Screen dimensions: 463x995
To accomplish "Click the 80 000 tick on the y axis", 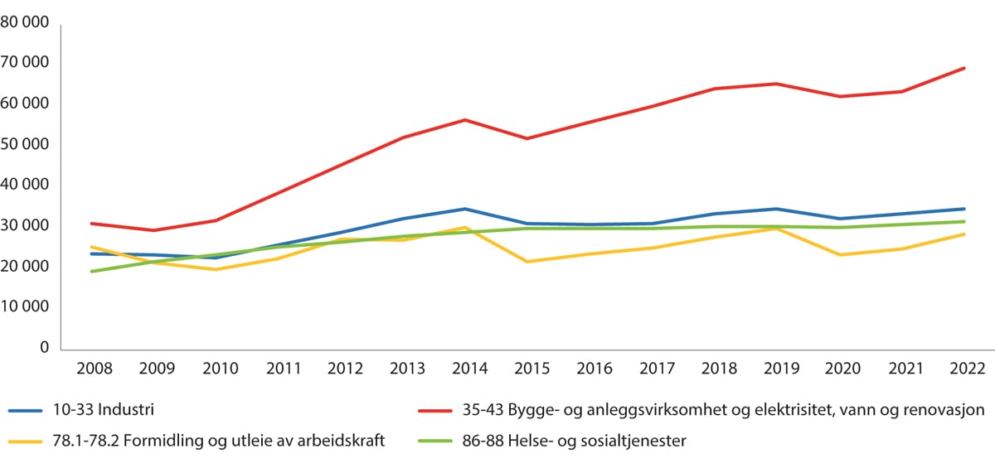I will tap(25, 22).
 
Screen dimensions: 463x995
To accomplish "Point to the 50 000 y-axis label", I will tap(25, 144).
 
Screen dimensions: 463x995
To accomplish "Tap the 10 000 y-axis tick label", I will tap(25, 307).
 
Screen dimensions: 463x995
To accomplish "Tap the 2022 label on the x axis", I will tap(963, 369).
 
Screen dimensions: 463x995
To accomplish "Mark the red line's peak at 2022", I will tap(963, 68).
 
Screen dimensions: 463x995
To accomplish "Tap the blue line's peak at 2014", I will tap(466, 209).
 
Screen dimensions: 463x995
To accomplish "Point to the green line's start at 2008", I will tap(91, 272).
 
